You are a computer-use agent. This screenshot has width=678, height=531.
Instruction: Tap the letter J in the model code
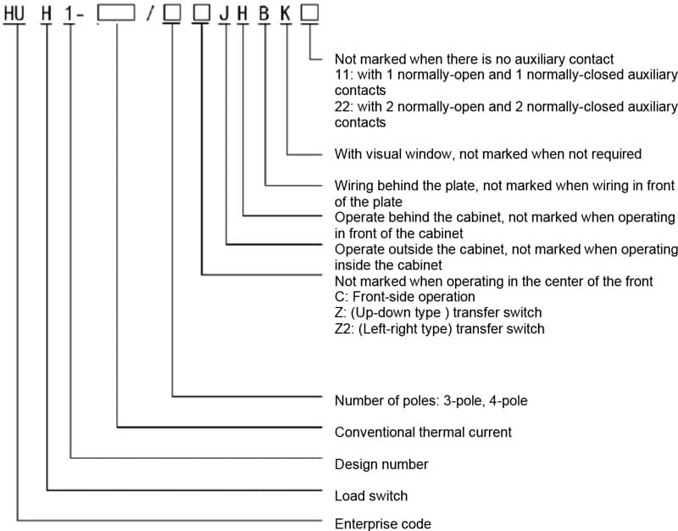point(224,12)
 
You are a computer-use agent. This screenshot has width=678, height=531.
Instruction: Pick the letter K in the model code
point(286,12)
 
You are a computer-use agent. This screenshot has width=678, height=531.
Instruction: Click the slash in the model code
point(149,13)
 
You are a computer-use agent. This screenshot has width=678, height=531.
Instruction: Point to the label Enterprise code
point(382,523)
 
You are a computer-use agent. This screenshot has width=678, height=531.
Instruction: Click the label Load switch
point(370,495)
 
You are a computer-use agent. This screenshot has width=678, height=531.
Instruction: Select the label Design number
point(381,464)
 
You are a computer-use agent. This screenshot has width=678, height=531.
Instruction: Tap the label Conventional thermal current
point(423,432)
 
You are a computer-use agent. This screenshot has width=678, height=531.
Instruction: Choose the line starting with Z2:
point(439,328)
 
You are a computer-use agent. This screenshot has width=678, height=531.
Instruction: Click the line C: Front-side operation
point(404,297)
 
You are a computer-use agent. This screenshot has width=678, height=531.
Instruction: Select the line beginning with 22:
point(505,107)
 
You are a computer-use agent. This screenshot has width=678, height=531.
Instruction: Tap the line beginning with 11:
point(505,75)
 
